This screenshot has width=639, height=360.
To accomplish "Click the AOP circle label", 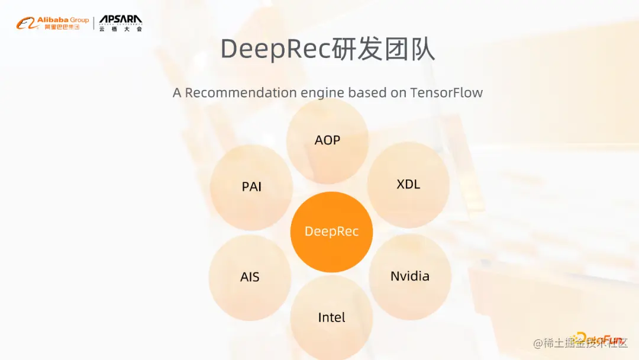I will pyautogui.click(x=327, y=140).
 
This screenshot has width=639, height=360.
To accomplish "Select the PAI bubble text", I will pyautogui.click(x=251, y=187).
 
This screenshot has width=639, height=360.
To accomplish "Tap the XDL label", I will pyautogui.click(x=408, y=184).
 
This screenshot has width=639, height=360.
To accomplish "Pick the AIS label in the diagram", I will pyautogui.click(x=250, y=277).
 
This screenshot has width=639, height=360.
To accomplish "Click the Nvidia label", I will pyautogui.click(x=410, y=276).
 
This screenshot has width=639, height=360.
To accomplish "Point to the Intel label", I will pyautogui.click(x=331, y=317).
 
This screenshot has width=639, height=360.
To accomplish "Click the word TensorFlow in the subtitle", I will pyautogui.click(x=447, y=93).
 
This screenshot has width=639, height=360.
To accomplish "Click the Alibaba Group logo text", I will pyautogui.click(x=63, y=20).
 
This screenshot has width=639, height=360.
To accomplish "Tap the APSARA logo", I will pyautogui.click(x=121, y=20).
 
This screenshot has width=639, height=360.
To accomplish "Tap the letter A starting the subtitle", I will pyautogui.click(x=177, y=93).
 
